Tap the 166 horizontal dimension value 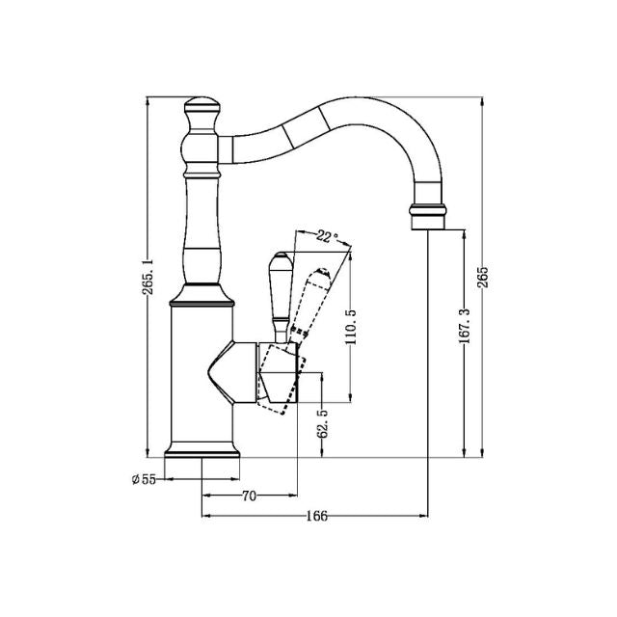tap(316, 517)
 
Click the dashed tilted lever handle tap(315, 299)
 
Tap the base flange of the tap tap(201, 447)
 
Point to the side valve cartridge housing tap(275, 371)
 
